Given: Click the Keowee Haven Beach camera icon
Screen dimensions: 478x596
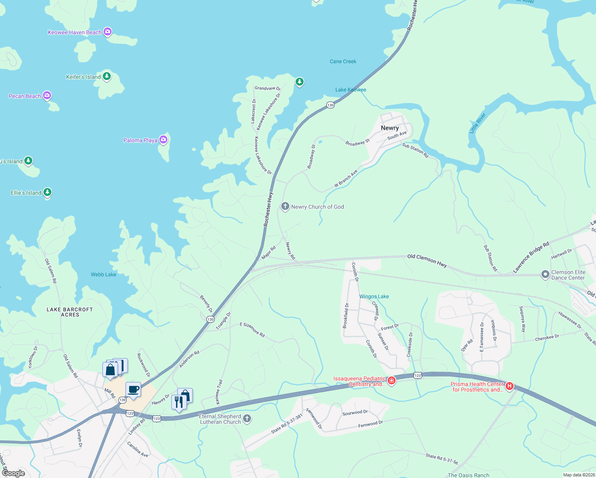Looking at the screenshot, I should (x=107, y=32).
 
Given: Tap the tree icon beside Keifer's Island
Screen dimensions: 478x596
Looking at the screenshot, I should (x=106, y=76).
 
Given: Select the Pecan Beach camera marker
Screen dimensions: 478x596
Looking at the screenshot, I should (x=47, y=95).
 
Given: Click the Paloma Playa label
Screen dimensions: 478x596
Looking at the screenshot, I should (x=140, y=140).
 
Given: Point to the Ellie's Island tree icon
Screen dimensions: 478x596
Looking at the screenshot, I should (x=47, y=192).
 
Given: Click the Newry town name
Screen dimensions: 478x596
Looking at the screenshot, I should (x=390, y=128).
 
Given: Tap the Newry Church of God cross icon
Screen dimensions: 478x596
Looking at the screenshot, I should (x=285, y=206).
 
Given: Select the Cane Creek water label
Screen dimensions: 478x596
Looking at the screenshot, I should (x=343, y=61).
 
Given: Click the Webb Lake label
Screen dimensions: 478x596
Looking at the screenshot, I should (x=104, y=274).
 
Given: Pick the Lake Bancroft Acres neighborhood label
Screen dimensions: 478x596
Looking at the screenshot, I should (x=70, y=312).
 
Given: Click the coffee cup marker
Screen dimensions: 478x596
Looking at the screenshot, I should (x=133, y=389).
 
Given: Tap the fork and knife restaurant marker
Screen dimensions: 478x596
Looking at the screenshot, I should (x=179, y=402).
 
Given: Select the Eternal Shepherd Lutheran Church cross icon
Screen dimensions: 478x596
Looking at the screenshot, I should (x=247, y=418).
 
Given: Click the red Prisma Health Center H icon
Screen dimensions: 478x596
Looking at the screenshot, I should (x=509, y=386).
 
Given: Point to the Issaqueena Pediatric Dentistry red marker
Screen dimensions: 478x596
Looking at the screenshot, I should (x=392, y=381).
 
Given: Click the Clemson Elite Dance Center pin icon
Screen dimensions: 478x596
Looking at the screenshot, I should (x=545, y=274).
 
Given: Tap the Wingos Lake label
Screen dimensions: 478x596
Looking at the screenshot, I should (x=374, y=296).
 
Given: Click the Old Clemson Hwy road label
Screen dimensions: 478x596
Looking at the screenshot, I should (x=427, y=261).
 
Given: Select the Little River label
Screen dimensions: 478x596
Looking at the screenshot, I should (x=477, y=123).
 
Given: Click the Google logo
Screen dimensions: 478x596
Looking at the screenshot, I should (x=14, y=473).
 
